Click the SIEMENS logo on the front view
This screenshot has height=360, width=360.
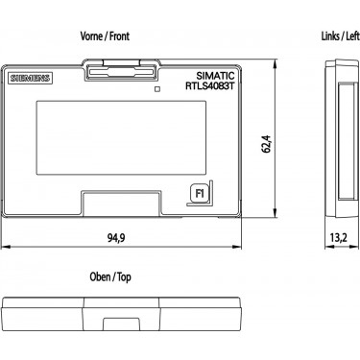tap(30, 78)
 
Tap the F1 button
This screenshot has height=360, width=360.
tap(200, 194)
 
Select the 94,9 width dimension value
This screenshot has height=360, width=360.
tap(116, 237)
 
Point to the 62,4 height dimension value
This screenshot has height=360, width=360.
tap(267, 144)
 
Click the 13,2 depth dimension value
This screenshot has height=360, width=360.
tap(339, 237)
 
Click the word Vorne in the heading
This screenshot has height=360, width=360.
tap(91, 36)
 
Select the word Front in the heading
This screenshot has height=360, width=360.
tap(119, 36)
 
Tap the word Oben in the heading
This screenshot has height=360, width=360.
tap(100, 276)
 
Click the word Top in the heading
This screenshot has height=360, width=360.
tap(124, 277)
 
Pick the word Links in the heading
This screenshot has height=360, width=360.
tap(330, 36)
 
